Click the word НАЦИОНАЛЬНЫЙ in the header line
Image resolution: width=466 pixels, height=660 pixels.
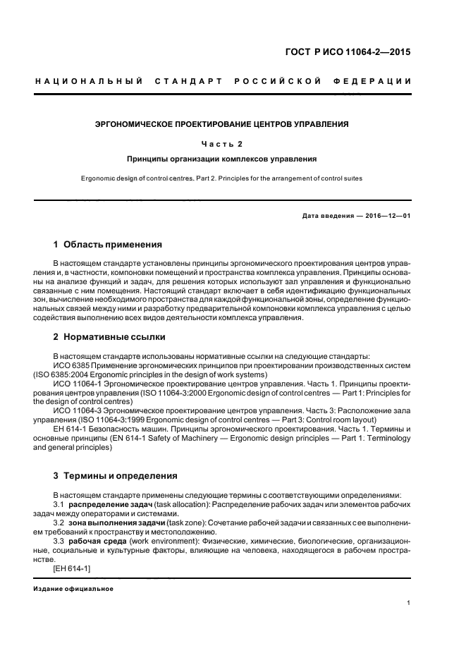coord(89,82)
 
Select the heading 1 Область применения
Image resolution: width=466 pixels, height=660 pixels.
coord(108,245)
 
